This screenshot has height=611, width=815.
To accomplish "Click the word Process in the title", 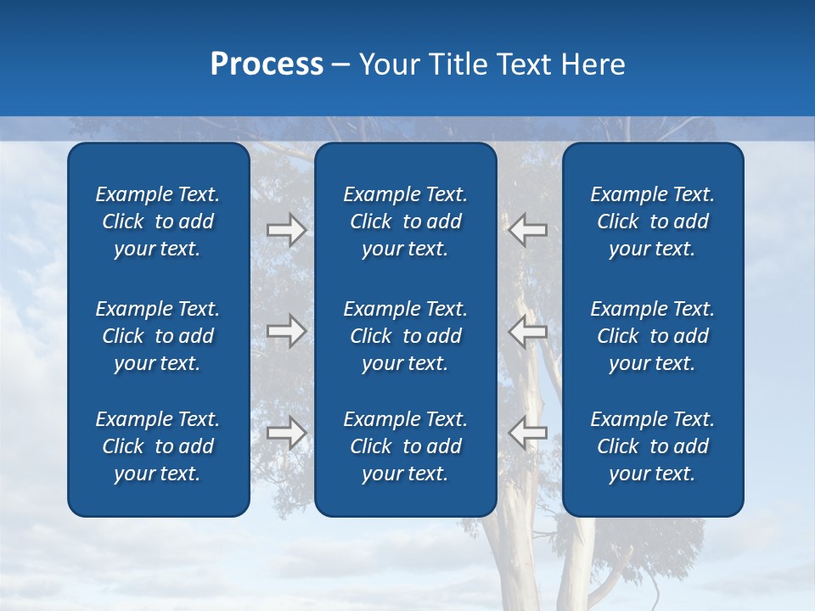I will (x=267, y=64).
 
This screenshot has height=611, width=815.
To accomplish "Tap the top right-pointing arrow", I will (x=286, y=230).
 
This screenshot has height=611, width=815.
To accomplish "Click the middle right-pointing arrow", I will (x=286, y=331).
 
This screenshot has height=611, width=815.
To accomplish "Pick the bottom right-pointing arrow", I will (x=286, y=433).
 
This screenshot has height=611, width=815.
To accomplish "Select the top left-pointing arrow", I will (x=528, y=230).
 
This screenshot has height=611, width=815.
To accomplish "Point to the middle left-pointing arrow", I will (x=528, y=331).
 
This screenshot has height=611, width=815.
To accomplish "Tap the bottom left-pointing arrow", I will (x=528, y=433).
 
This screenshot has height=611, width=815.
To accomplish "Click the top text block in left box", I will (x=158, y=221).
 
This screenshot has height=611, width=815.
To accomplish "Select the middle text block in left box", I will (x=158, y=336).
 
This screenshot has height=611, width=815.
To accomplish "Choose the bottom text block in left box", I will (x=158, y=446).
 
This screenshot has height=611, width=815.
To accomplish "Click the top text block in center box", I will (x=406, y=221).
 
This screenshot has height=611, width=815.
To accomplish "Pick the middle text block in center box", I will (x=406, y=336).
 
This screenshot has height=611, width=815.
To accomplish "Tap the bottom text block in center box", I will (x=406, y=446).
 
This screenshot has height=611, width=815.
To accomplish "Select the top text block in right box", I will (x=653, y=221).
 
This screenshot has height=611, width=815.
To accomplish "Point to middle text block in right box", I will (x=653, y=336).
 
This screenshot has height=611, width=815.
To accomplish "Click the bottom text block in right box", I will (x=653, y=446).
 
